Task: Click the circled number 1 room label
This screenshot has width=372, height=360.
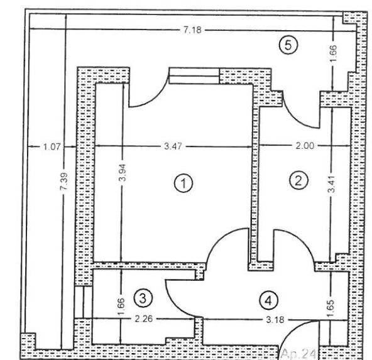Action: [183, 183]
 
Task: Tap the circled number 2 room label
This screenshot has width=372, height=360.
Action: [298, 180]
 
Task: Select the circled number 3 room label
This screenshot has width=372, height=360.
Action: [143, 298]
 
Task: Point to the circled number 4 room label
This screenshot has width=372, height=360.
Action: [268, 300]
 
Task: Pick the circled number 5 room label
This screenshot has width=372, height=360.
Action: [288, 45]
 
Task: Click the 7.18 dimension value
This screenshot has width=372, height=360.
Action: [192, 30]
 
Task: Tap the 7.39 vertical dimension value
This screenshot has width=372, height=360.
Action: [64, 181]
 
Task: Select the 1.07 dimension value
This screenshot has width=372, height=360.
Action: [52, 147]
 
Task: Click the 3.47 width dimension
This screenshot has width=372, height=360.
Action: [173, 146]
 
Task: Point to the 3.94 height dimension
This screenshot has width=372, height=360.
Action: [123, 172]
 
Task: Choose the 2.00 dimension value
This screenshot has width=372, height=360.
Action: [305, 145]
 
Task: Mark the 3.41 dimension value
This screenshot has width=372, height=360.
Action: [332, 184]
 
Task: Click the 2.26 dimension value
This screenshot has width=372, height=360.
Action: [143, 319]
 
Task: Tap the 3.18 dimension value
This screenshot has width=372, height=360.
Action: [275, 320]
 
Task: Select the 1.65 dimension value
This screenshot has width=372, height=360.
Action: [331, 308]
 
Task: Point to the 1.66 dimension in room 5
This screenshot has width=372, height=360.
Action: [333, 53]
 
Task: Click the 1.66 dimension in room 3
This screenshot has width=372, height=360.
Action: [121, 307]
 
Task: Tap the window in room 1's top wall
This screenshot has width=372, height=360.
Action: [194, 75]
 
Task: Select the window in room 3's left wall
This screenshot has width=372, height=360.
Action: [83, 302]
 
